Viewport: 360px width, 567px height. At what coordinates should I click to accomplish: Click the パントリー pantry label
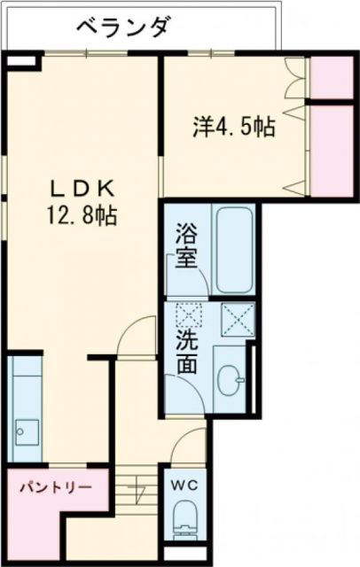[56, 486]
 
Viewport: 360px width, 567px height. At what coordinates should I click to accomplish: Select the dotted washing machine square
[190, 317]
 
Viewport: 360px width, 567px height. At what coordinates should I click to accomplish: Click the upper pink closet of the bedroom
[333, 79]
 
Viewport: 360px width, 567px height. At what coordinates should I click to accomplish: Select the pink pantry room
[56, 501]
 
